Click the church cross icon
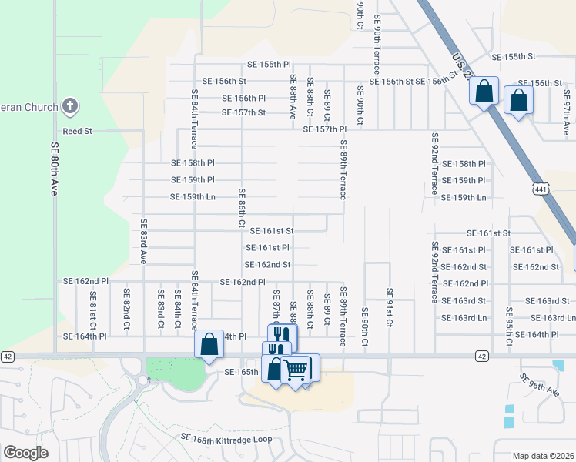pyautogui.click(x=69, y=105)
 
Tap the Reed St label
pyautogui.click(x=77, y=132)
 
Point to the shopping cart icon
pyautogui.click(x=296, y=370)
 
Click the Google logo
pyautogui.click(x=25, y=452)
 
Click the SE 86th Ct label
pyautogui.click(x=242, y=209)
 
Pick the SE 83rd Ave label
pyautogui.click(x=143, y=240)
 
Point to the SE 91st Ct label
pyautogui.click(x=390, y=309)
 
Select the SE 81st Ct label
pyautogui.click(x=93, y=306)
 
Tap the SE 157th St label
pyautogui.click(x=243, y=112)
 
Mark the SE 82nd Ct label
pyautogui.click(x=126, y=306)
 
